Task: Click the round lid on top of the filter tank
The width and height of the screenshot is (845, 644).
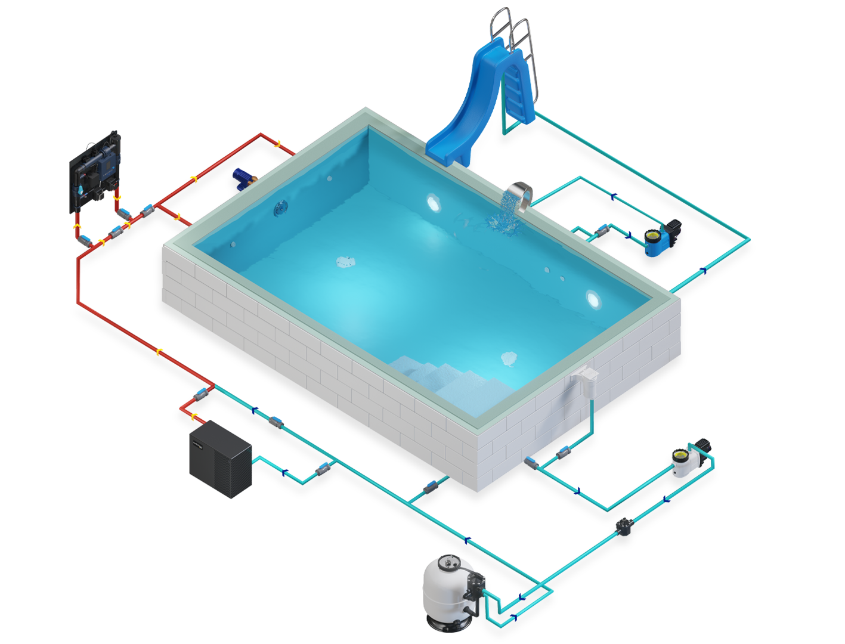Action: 448,562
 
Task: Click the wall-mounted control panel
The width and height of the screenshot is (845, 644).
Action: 95,170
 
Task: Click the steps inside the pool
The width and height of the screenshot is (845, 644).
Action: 441,376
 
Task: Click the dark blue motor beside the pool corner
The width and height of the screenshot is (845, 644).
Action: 243,175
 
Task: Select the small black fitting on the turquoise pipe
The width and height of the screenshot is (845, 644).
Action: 624,526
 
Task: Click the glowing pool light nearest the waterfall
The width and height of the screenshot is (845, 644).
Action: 432,202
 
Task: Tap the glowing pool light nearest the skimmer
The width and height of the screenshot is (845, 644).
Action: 593,298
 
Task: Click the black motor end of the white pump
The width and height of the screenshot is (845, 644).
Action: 702,445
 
